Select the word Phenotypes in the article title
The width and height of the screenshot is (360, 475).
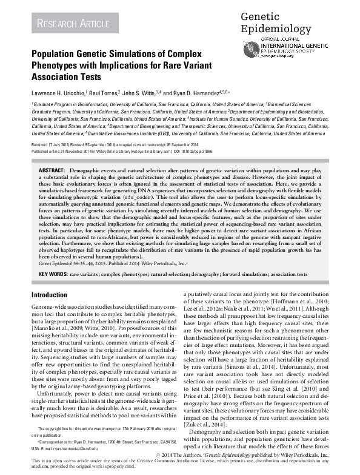(59, 66)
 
